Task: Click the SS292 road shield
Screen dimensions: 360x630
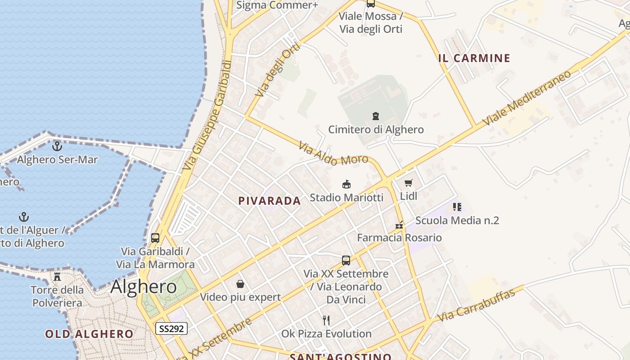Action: tap(171, 328)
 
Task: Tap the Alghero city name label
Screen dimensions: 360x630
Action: tap(144, 286)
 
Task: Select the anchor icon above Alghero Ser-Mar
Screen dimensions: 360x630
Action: tap(57, 146)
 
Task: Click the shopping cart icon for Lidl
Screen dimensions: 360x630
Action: tap(408, 183)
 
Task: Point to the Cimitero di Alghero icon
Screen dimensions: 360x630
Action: tap(376, 116)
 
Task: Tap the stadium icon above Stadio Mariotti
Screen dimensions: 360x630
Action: tap(346, 184)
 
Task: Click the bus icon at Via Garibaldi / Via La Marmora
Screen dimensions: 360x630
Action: tap(155, 238)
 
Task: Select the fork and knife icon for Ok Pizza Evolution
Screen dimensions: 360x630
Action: tap(326, 320)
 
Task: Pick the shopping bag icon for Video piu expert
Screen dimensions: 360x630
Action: tap(240, 284)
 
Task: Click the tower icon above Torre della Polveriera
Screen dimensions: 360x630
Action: tap(57, 276)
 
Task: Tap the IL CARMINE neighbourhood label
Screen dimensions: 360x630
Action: tap(474, 58)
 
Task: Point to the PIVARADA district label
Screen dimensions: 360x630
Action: tap(270, 201)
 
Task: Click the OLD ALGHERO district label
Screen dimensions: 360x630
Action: tap(89, 334)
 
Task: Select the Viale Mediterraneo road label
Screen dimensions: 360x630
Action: tap(526, 98)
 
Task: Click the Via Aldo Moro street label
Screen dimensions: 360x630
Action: tap(333, 153)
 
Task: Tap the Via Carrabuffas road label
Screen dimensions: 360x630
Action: tap(476, 305)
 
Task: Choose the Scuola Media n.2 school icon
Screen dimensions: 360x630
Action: tap(457, 207)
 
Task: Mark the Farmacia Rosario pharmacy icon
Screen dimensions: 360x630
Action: tap(399, 225)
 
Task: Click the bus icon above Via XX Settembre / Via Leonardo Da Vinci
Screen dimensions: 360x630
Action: tap(346, 260)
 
